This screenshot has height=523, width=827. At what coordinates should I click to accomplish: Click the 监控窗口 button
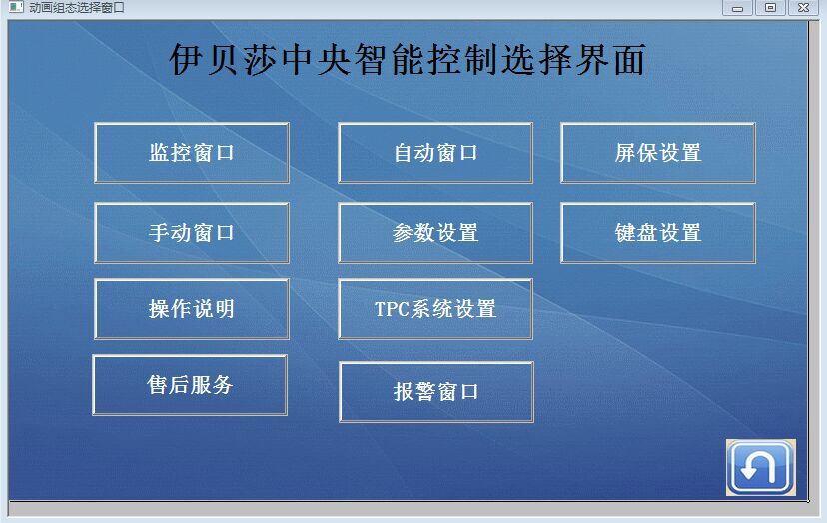(x=192, y=153)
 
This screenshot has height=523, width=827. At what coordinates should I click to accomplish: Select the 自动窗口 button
(x=435, y=153)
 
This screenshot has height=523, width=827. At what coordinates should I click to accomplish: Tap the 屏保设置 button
(x=657, y=153)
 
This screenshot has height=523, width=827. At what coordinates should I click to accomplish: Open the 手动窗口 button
(x=192, y=233)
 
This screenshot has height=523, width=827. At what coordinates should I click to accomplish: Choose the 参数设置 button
(x=435, y=233)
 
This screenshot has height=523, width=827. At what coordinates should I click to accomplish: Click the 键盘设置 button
(x=657, y=233)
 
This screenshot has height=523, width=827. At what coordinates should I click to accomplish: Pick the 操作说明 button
(x=192, y=309)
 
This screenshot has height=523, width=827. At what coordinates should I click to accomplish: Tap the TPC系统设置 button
(x=435, y=309)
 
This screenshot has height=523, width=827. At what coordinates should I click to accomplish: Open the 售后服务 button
(x=190, y=385)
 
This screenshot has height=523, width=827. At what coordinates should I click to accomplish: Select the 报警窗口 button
(x=436, y=392)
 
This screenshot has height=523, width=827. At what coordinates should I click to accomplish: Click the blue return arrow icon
(x=760, y=468)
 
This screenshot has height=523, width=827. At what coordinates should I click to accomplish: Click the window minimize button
(x=737, y=8)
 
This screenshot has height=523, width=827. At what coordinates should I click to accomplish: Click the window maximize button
(x=770, y=8)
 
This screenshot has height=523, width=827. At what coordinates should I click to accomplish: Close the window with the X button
(x=803, y=8)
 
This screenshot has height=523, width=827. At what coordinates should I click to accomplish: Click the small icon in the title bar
(x=16, y=7)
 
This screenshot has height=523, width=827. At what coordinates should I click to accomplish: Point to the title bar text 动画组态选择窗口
(x=77, y=7)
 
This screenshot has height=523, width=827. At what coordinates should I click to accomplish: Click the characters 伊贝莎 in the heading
(x=223, y=59)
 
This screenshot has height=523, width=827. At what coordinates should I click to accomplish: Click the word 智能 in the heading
(x=389, y=59)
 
